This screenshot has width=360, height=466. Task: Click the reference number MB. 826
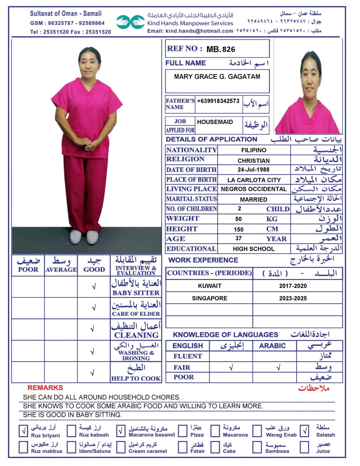(x=220, y=49)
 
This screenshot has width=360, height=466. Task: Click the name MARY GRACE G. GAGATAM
(x=217, y=77)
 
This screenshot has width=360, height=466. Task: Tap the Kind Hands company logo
(x=130, y=22)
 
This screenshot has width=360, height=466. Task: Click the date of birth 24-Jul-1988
(x=253, y=170)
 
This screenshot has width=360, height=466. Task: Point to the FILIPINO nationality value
(x=253, y=150)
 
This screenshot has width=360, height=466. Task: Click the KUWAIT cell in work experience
(x=209, y=286)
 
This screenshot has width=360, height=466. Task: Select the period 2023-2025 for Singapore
(x=293, y=298)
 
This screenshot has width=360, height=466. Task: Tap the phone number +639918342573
(x=218, y=101)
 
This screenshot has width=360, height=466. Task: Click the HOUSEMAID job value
(x=215, y=122)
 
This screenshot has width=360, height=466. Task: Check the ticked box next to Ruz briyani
(x=23, y=431)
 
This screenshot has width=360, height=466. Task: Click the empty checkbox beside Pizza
(x=183, y=431)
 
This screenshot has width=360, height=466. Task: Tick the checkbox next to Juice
(x=304, y=447)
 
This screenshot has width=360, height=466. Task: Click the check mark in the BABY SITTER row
(x=94, y=287)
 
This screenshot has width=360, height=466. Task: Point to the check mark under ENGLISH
(x=231, y=368)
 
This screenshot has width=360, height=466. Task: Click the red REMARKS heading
(x=45, y=388)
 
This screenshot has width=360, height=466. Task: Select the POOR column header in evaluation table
(x=28, y=269)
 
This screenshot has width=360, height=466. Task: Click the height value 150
(x=239, y=230)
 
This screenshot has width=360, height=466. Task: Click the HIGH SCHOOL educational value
(x=253, y=249)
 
